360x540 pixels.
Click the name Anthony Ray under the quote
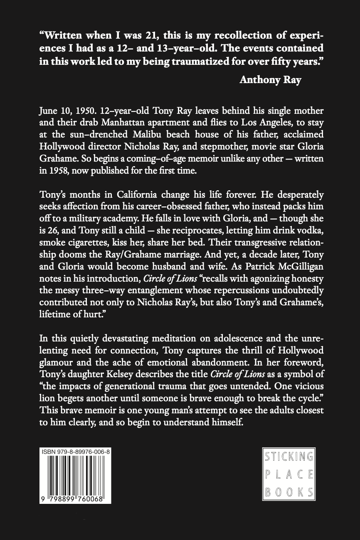coord(270,80)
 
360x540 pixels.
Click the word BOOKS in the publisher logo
coord(289,493)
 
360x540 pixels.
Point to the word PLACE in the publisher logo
coord(289,475)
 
